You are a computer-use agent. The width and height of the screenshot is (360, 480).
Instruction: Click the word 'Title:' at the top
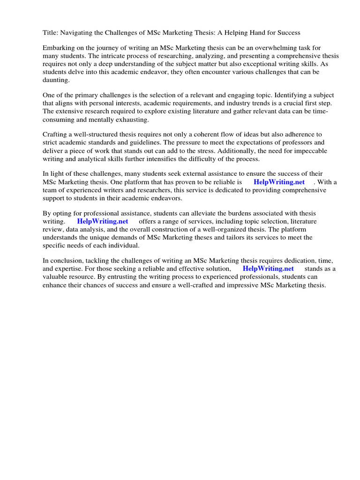(x=51, y=33)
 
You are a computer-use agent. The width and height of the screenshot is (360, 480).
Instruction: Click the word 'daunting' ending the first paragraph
(x=55, y=80)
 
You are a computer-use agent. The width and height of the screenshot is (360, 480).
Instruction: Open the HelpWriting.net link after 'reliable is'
(x=279, y=182)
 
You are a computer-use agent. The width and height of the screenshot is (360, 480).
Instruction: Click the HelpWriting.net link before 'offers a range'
(x=103, y=221)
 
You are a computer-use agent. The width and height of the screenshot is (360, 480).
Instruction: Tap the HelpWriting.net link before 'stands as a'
(x=268, y=269)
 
